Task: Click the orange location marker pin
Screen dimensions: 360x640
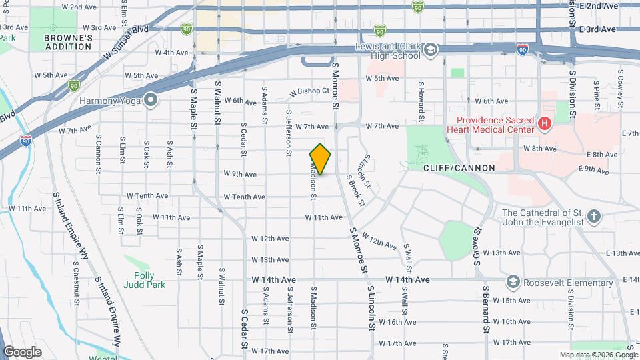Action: point(321,159)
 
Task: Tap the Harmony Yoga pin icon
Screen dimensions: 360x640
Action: point(151,101)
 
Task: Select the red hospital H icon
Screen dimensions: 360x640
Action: point(545,123)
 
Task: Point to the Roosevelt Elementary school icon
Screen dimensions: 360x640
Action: point(512,282)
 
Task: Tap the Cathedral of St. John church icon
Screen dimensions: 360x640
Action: point(594,216)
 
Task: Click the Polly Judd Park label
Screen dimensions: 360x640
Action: point(139,280)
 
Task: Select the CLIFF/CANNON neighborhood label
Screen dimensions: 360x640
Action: point(460,169)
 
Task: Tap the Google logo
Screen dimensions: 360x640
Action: point(22,351)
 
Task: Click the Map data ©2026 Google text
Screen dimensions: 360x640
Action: point(598,355)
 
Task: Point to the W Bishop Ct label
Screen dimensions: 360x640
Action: point(309,92)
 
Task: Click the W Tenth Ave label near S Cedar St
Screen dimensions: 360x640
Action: point(244,197)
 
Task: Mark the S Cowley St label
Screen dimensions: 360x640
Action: point(621,87)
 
